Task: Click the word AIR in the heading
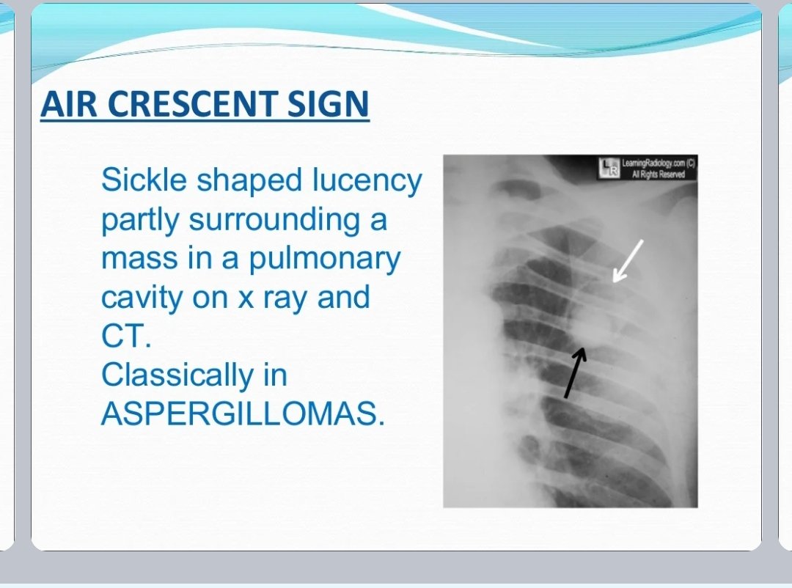click(65, 104)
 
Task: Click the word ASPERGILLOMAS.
click(242, 415)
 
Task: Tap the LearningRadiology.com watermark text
click(658, 164)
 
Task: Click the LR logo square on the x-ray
click(609, 169)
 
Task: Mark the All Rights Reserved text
click(658, 174)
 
